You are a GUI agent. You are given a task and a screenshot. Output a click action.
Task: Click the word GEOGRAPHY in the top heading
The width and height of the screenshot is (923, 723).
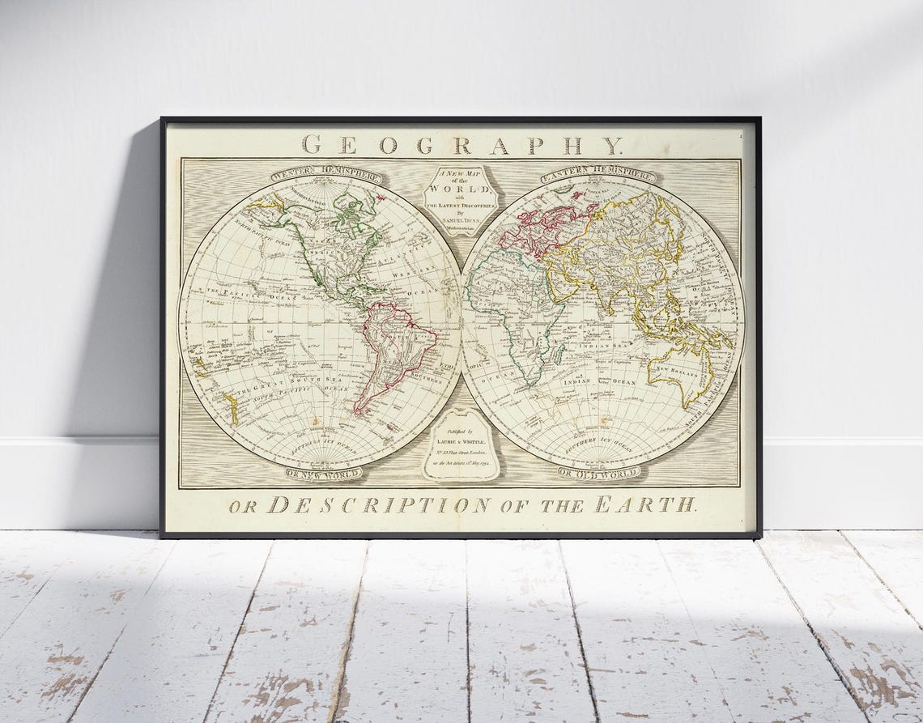point(461,146)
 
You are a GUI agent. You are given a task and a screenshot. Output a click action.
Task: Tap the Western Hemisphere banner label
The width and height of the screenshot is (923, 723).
point(326,174)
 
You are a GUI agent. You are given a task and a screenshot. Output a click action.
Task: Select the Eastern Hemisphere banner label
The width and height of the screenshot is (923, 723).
point(598,174)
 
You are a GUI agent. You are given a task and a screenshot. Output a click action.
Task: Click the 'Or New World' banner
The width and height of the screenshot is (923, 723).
point(324,473)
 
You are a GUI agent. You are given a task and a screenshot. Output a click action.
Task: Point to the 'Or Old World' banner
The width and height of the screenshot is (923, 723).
point(599,472)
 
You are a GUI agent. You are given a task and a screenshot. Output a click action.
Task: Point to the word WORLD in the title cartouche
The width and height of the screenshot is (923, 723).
point(461,188)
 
